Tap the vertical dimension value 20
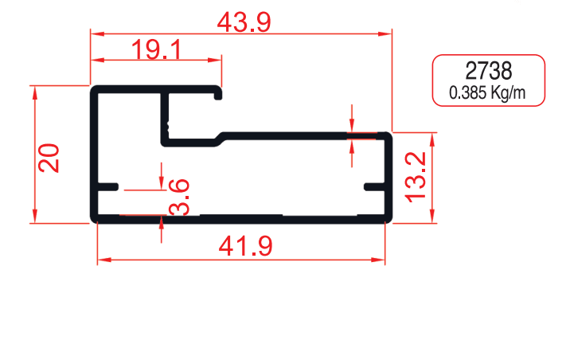49,158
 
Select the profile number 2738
488,70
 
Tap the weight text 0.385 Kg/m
488,92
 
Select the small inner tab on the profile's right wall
374,186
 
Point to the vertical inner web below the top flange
165,117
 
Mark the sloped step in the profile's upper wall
218,138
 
